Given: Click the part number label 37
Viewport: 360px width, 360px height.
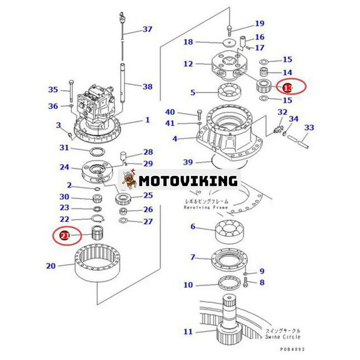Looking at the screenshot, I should tap(148, 30).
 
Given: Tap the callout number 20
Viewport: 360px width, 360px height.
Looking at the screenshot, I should tap(51, 266).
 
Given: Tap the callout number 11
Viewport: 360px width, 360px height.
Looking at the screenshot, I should tap(188, 332).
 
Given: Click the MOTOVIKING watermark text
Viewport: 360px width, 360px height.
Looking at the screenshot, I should tap(188, 181).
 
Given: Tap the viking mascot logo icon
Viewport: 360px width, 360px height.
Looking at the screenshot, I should tap(130, 181).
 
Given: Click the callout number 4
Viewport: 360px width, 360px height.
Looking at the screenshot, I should tap(175, 139).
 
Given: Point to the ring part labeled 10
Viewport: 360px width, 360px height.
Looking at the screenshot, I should tap(230, 284).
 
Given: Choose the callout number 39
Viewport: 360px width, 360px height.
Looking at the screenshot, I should tap(189, 162).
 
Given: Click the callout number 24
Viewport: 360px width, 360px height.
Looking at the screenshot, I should tap(65, 167).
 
